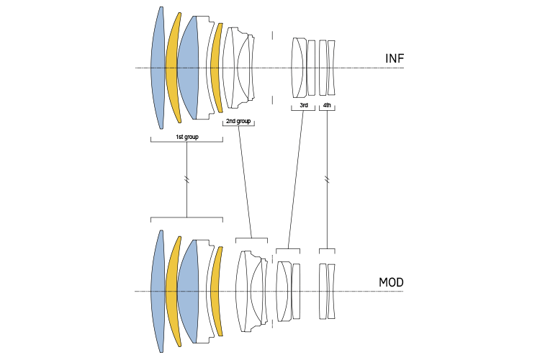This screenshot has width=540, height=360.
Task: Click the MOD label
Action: click(x=392, y=282)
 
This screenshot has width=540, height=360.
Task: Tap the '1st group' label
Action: click(x=186, y=135)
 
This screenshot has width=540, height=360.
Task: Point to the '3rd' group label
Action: click(x=304, y=106)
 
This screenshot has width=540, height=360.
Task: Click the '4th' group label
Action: click(x=327, y=106)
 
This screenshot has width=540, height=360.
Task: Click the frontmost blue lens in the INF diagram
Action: click(x=158, y=68)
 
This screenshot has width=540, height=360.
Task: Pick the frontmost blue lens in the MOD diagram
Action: click(x=158, y=292)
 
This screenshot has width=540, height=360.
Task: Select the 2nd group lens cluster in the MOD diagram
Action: click(x=252, y=292)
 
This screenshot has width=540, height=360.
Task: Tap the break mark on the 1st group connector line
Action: click(x=186, y=179)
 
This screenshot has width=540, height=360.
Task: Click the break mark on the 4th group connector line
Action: click(x=328, y=179)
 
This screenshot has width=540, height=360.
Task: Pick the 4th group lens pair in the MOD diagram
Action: click(x=328, y=292)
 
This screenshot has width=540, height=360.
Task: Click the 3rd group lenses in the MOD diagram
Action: click(x=288, y=292)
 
